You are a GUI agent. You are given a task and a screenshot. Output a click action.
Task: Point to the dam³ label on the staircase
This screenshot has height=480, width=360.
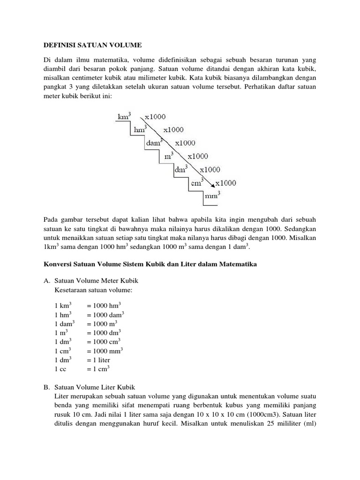(154, 142)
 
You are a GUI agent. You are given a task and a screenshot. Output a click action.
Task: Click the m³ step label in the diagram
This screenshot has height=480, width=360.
(168, 156)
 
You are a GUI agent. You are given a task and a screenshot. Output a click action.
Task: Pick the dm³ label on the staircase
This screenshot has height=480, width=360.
(181, 169)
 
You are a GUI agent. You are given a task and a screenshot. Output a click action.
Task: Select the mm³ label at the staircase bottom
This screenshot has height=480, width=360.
(212, 196)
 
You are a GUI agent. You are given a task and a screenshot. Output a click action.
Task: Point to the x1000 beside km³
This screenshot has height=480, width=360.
(155, 116)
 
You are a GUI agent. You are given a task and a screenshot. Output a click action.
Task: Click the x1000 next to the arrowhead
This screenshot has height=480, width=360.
(226, 183)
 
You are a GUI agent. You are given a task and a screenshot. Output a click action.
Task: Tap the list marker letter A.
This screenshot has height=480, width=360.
(46, 281)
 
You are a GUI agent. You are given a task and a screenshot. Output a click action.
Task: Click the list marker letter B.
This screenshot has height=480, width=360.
(46, 387)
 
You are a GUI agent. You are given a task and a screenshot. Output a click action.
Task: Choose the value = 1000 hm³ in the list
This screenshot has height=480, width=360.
(104, 305)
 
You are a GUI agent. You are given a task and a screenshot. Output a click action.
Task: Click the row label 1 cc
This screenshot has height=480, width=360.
(60, 369)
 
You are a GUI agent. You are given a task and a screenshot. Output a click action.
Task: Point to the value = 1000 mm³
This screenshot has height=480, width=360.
(105, 351)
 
